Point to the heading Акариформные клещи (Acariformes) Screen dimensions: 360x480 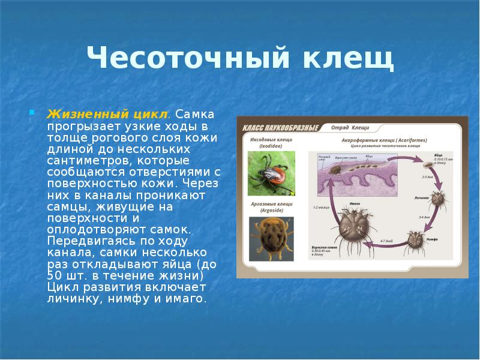[384, 140]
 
